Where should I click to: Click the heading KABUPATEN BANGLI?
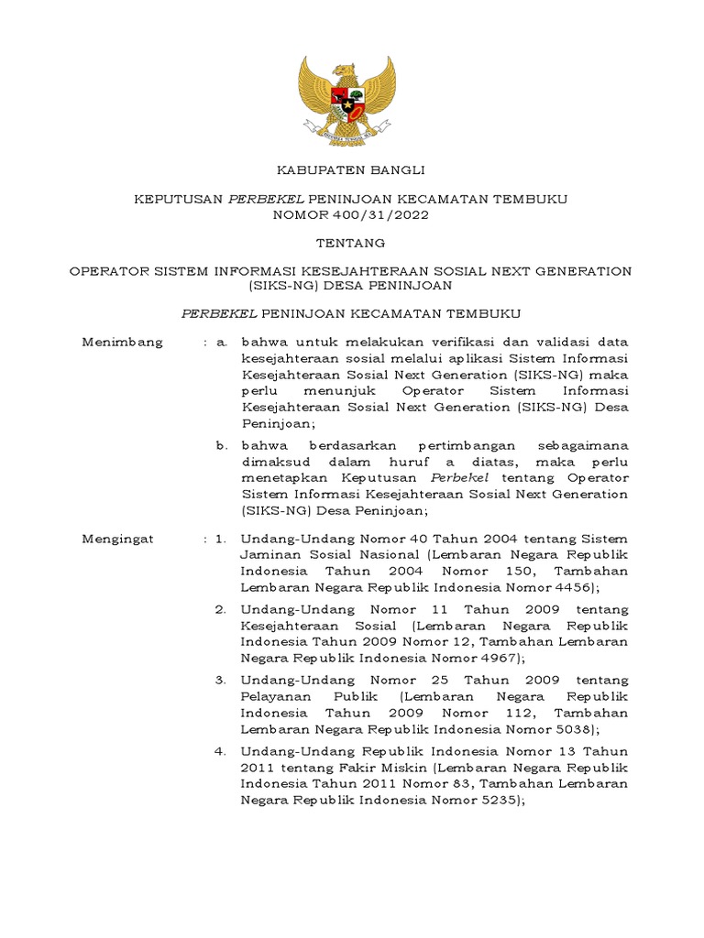pyautogui.click(x=351, y=170)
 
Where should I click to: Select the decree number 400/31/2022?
pyautogui.click(x=384, y=215)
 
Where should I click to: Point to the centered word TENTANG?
pyautogui.click(x=351, y=243)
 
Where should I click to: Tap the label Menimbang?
pyautogui.click(x=122, y=342)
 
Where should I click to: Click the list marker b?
pyautogui.click(x=221, y=445)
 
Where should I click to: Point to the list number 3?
pyautogui.click(x=221, y=680)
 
